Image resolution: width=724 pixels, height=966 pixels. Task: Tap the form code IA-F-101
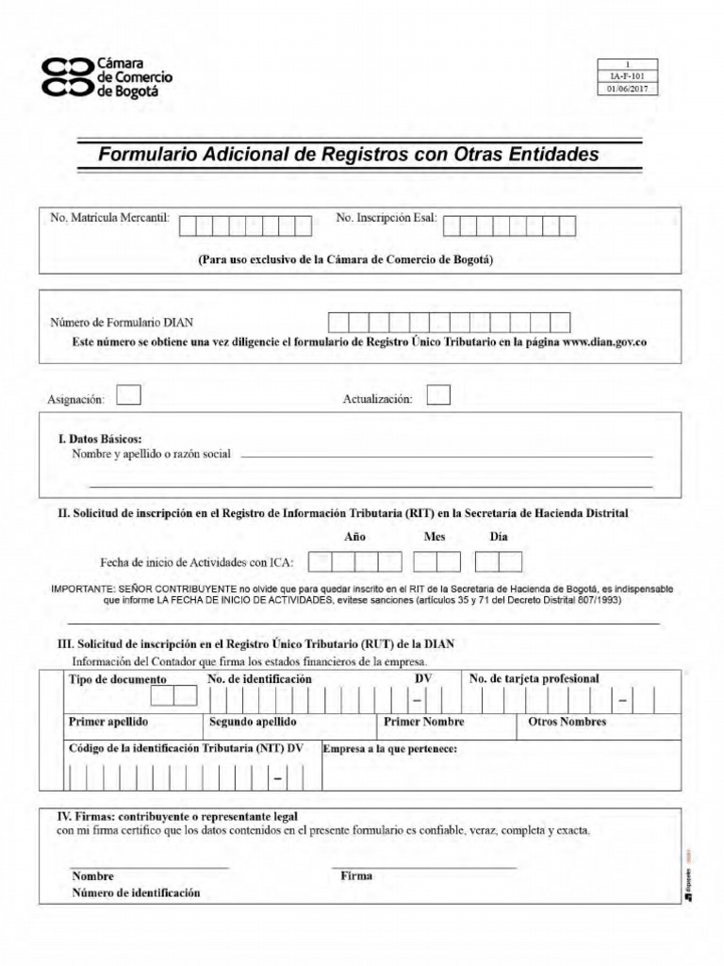pos(627,76)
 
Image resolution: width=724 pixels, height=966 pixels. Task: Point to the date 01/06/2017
pos(627,89)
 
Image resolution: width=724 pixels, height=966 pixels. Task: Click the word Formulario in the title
pos(147,153)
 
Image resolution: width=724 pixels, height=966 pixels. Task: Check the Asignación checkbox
pos(129,394)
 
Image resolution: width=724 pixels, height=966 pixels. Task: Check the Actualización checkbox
pos(438,394)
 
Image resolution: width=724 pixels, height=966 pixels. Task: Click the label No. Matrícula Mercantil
pos(109,219)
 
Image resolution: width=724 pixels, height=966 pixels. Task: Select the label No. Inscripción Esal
pos(387,219)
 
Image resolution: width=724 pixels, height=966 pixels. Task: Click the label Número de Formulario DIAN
pos(122,323)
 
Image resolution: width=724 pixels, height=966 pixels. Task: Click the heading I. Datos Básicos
pos(100,439)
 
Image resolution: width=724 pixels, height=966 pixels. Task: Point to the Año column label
pos(355,537)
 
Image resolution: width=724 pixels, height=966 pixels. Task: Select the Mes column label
pos(435,537)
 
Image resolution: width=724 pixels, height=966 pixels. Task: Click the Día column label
pos(499,537)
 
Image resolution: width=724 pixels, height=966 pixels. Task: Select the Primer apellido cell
pos(108,722)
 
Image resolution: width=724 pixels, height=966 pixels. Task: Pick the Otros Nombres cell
pos(563,722)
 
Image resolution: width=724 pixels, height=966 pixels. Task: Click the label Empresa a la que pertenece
pos(390,749)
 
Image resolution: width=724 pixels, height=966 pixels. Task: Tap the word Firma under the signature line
pos(356,875)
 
